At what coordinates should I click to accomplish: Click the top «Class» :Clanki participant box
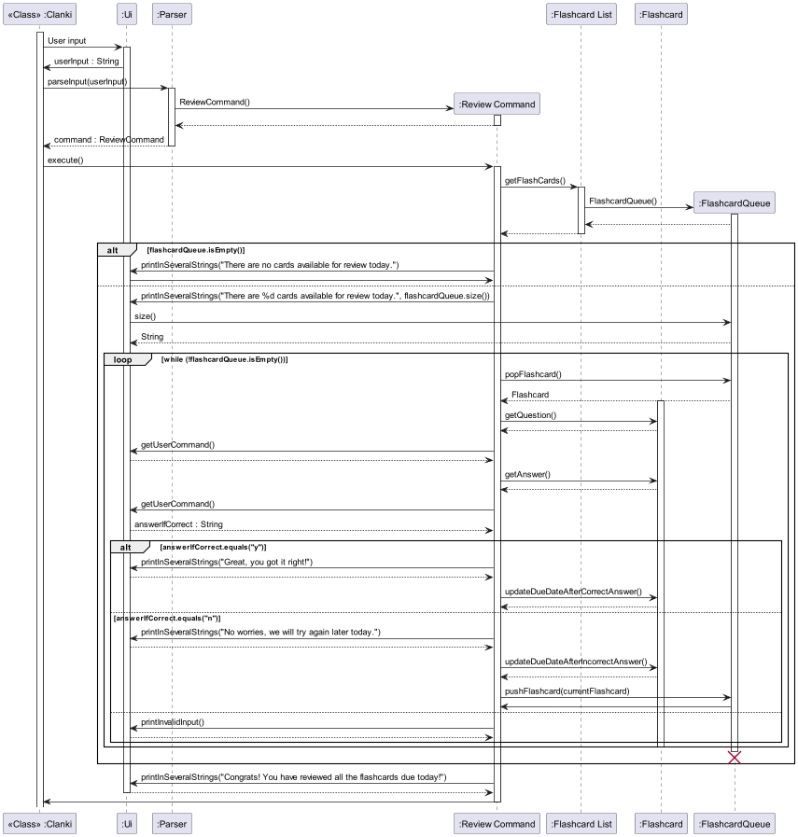40,14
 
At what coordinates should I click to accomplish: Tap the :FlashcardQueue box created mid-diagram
735,202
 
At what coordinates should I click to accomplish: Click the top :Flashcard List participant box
581,14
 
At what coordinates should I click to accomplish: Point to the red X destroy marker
735,757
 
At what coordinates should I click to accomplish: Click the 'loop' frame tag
123,359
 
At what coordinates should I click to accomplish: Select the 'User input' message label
66,41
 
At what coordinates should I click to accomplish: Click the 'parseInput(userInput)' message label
88,81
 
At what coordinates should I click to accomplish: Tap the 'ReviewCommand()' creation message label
215,102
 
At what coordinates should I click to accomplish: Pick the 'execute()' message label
65,160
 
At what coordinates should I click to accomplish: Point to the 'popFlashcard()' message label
533,374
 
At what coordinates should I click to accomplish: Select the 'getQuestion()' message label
530,415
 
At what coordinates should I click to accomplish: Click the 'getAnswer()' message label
527,474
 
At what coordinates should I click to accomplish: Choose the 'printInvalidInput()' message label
173,721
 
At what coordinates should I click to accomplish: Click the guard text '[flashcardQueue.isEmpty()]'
196,250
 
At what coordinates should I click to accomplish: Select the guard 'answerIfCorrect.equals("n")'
167,618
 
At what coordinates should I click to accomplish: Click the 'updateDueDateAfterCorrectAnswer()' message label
573,592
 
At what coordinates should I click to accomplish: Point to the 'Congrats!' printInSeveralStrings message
293,777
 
